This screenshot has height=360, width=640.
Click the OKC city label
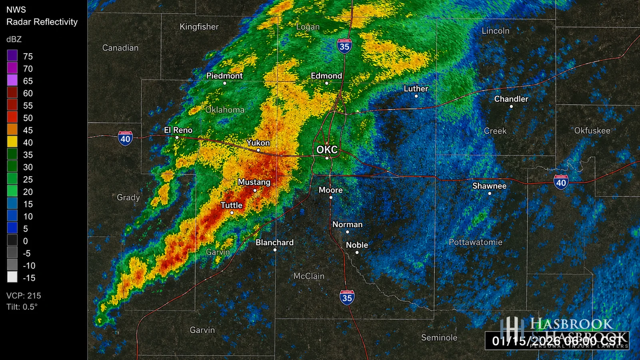[x=327, y=150]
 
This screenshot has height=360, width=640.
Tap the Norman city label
[x=347, y=224]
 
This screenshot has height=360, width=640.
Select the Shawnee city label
[x=489, y=186]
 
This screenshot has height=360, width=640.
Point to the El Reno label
[x=178, y=130]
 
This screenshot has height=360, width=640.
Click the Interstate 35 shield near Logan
[x=344, y=46]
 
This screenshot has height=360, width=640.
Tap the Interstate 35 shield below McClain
[x=347, y=298]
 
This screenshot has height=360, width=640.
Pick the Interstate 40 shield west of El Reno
[x=125, y=138]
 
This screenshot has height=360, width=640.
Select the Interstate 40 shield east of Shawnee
[x=561, y=182]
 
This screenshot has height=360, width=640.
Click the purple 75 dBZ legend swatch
[x=12, y=56]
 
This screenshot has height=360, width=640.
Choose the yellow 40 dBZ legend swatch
[x=12, y=142]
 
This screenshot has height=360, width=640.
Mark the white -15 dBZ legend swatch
[x=12, y=278]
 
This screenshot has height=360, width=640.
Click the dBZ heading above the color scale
[x=14, y=39]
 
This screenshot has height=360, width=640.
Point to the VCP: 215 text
[x=24, y=296]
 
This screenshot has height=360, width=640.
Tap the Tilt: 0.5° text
[x=22, y=307]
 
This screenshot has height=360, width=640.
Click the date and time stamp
[x=557, y=341]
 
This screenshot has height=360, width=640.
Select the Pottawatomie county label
[x=475, y=242]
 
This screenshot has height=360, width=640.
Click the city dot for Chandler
[x=511, y=106]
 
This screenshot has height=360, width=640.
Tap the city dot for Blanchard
[x=275, y=250]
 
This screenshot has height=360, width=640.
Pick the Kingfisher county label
[x=199, y=27]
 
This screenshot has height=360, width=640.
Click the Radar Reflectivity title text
[x=42, y=22]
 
